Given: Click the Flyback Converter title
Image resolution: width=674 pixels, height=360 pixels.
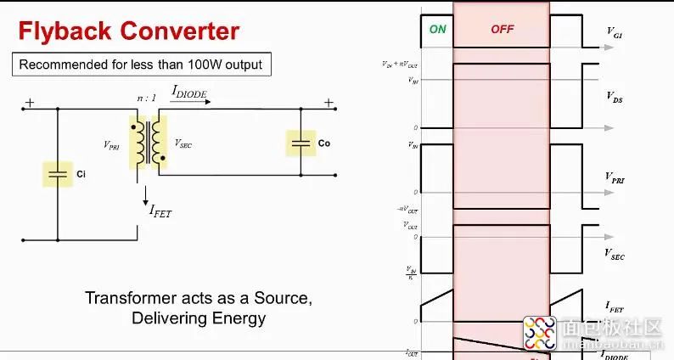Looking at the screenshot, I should coord(129,32).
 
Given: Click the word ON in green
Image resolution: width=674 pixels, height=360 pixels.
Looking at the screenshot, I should coord(437,29).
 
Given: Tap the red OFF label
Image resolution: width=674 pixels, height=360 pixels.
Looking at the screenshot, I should coord(503,29).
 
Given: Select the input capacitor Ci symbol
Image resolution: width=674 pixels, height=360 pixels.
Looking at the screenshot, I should coord(58,174).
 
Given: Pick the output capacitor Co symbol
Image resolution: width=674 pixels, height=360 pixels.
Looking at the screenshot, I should coord(300,143).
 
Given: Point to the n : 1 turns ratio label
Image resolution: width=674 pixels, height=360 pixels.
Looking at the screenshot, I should coord(147,98).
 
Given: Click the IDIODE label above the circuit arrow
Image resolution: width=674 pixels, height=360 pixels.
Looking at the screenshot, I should coord(189,92).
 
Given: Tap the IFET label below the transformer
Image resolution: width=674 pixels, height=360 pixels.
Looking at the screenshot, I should coord(160,211).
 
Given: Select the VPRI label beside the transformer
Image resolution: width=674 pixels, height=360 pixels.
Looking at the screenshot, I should coord(112,145).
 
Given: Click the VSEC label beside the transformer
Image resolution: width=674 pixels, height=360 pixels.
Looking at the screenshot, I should coord(183,144).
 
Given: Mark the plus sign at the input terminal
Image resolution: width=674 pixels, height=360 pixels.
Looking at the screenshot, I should coord(30,103).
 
